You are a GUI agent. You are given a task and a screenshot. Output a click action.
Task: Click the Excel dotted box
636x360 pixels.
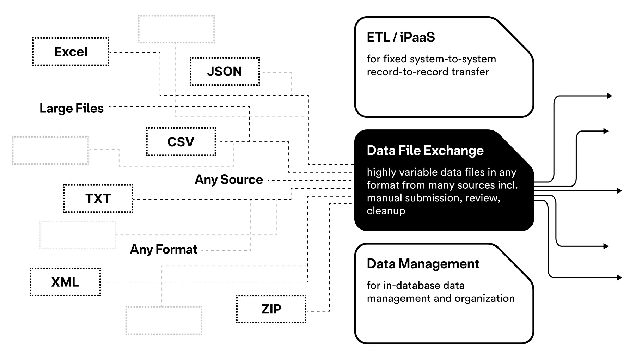click(71, 52)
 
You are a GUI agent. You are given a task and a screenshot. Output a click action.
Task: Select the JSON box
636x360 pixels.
click(225, 71)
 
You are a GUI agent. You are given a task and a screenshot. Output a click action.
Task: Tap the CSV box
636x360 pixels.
click(181, 142)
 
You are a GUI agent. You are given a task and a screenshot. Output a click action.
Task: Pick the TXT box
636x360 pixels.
click(98, 199)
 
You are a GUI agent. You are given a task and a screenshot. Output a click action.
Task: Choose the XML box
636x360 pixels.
click(65, 282)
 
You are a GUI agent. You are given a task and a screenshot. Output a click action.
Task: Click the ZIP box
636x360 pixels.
click(271, 309)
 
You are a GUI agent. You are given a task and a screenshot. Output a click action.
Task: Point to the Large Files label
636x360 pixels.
click(72, 108)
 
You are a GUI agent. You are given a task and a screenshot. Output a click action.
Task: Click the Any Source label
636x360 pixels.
click(229, 179)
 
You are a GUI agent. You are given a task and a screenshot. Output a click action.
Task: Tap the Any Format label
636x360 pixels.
click(164, 249)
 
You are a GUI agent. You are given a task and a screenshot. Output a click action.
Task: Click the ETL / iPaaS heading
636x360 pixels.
click(400, 37)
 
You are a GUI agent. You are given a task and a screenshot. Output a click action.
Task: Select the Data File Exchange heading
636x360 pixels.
click(425, 151)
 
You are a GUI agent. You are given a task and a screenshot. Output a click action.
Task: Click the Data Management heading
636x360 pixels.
click(423, 264)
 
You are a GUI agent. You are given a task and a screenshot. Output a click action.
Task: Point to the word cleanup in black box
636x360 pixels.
click(386, 211)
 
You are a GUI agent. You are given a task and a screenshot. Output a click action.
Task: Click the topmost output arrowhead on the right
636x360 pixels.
click(610, 96)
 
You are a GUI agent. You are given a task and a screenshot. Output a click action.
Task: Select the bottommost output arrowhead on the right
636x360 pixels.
click(619, 277)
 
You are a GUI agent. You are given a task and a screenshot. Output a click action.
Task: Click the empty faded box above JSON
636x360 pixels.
click(176, 29)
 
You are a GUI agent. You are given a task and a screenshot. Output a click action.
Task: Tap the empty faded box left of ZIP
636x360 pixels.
click(164, 321)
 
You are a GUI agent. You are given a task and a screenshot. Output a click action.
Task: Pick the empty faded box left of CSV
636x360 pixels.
click(50, 150)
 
